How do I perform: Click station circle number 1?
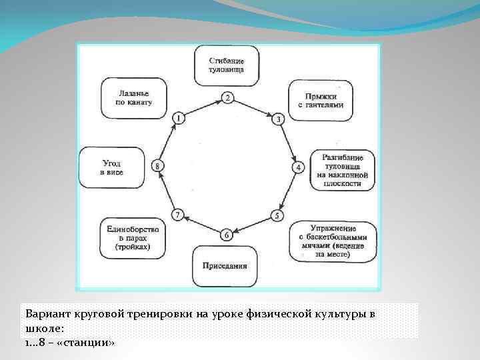178,118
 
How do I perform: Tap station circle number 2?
227,98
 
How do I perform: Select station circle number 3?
279,119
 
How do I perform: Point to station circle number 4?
299,166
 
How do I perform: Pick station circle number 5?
277,215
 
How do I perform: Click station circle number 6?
227,235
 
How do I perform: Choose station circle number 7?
177,214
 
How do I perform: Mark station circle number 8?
157,165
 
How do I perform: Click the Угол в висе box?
111,167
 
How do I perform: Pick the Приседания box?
225,265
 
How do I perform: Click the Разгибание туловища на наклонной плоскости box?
342,169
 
